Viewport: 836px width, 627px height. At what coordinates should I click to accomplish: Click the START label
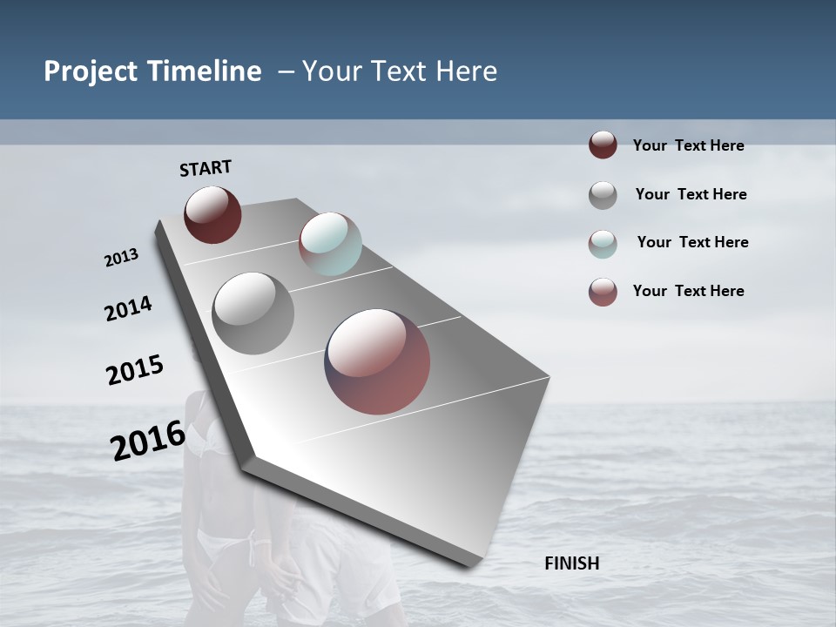(206, 168)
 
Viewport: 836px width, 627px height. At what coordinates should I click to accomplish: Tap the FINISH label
(572, 563)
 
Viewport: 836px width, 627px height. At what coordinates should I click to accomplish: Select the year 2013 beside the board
(122, 258)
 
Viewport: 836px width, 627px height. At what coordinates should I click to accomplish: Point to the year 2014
(129, 308)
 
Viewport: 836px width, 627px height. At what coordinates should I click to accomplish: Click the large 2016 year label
(148, 440)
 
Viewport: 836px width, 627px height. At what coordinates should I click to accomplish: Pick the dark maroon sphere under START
(212, 214)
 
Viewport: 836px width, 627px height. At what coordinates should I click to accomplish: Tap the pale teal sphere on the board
(330, 244)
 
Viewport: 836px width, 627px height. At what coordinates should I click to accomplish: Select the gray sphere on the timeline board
(253, 313)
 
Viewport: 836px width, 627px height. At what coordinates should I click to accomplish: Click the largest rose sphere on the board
(377, 361)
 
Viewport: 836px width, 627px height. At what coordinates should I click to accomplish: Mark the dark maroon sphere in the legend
(603, 145)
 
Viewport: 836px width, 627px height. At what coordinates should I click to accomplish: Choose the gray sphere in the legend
(603, 195)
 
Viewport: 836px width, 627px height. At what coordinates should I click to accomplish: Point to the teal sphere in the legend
(603, 244)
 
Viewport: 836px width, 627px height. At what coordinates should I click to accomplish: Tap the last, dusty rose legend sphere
(603, 292)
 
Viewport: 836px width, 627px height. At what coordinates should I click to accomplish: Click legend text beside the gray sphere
(691, 194)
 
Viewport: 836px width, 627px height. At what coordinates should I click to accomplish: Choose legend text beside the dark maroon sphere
(688, 145)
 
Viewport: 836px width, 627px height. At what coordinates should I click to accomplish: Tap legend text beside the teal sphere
(692, 242)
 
